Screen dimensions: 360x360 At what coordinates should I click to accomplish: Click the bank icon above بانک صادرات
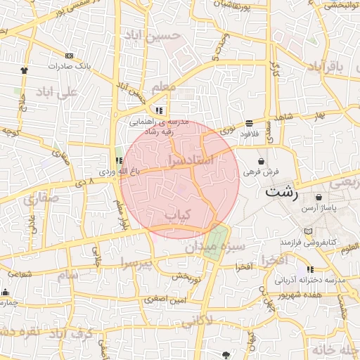pos(68,56)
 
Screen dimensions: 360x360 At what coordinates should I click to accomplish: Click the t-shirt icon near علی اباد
pos(25,70)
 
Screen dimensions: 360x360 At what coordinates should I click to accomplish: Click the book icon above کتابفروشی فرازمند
pos(307,231)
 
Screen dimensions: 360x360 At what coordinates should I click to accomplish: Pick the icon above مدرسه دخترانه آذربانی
pos(310,269)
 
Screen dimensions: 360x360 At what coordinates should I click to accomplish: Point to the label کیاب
pos(176,214)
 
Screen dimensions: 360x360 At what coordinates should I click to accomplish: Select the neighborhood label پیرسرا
pos(135,264)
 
